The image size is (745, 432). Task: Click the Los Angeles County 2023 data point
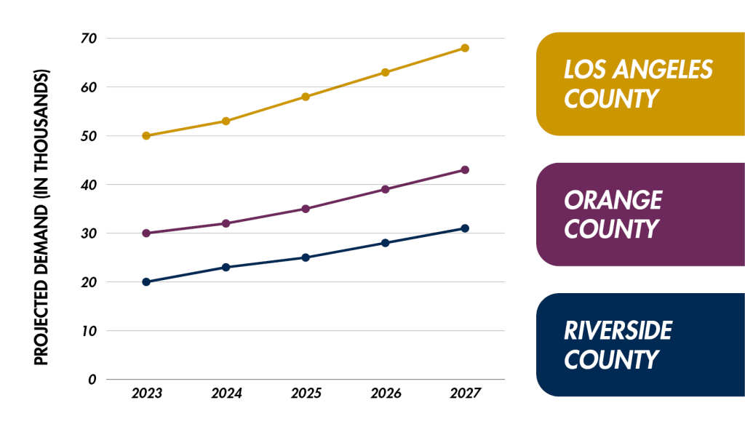146,136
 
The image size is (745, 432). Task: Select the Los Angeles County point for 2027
465,48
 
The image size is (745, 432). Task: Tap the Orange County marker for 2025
306,209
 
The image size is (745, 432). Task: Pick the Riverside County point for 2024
226,267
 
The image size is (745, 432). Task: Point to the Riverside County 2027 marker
465,228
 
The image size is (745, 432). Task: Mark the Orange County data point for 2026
386,189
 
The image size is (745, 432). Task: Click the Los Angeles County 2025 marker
306,97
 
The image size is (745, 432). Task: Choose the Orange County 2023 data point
146,233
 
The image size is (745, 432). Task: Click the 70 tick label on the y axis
89,39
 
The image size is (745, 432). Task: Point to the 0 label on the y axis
92,380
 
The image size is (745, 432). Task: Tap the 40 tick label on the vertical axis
89,185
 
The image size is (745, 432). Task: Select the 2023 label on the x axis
147,393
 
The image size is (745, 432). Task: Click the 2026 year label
386,393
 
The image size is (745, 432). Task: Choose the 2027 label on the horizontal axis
466,393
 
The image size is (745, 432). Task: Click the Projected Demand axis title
41,217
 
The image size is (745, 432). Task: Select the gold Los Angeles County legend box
640,84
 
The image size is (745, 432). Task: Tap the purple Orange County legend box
640,215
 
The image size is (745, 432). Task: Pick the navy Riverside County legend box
640,345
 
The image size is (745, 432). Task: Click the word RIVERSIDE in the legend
618,330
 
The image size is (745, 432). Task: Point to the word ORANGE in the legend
613,200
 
